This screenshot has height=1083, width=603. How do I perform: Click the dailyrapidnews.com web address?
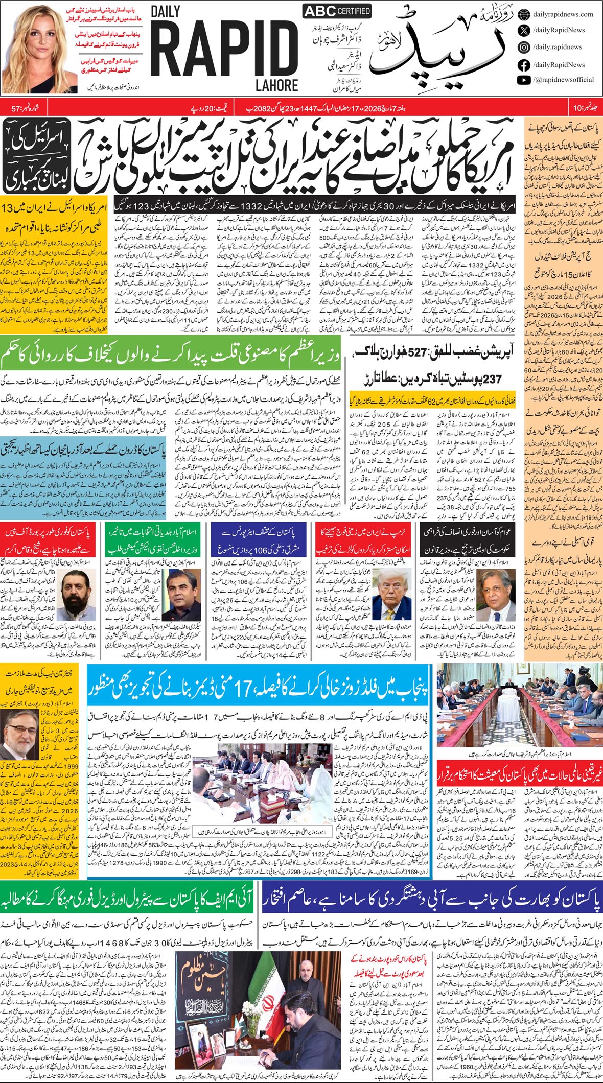[562, 14]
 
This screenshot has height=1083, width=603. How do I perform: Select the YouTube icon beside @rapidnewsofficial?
[523, 80]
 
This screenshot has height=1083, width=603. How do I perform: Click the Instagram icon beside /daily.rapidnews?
[523, 47]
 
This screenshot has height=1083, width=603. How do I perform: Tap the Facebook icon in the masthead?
[523, 64]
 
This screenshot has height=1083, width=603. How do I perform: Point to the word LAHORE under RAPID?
[278, 85]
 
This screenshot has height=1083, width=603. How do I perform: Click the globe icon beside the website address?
[523, 14]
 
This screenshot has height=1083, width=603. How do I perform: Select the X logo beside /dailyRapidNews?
[523, 30]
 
